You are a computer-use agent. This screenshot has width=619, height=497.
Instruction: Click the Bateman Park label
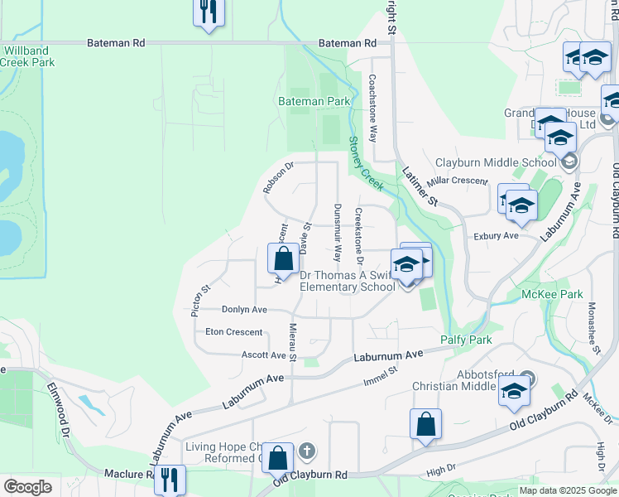tap(314, 101)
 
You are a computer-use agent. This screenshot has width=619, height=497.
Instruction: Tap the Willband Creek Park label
tap(27, 56)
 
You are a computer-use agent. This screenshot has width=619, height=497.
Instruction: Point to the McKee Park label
tap(552, 294)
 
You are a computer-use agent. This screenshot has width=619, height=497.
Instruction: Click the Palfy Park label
tap(466, 340)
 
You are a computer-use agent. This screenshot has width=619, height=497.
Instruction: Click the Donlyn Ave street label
tap(244, 309)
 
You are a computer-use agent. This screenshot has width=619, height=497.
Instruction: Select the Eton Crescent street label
tap(233, 332)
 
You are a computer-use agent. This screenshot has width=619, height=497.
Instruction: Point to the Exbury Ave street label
tap(496, 236)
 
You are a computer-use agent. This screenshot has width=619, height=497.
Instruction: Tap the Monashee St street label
tap(593, 327)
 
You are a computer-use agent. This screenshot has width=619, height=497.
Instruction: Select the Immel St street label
tap(381, 378)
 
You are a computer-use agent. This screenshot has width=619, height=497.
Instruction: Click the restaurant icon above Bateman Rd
tap(209, 12)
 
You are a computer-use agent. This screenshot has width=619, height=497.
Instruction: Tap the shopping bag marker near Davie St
tap(283, 258)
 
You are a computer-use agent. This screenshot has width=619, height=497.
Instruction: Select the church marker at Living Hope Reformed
tap(306, 451)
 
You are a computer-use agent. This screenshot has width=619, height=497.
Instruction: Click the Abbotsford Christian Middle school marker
tap(514, 391)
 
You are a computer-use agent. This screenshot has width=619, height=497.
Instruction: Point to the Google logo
tap(27, 487)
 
